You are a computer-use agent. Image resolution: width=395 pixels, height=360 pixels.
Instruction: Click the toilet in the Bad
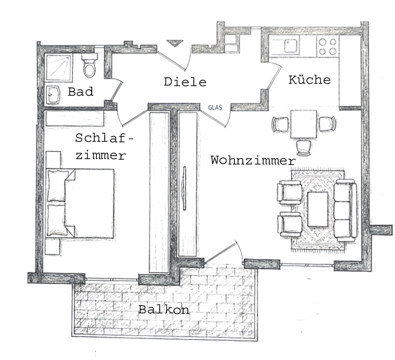[90, 65]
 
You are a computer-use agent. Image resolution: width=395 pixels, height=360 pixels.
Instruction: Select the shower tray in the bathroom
[59, 67]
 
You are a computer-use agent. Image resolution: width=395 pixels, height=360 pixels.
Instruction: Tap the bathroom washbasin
[53, 95]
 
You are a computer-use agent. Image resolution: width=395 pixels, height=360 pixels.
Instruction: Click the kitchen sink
[292, 46]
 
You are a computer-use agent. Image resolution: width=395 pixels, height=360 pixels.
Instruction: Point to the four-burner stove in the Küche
[327, 47]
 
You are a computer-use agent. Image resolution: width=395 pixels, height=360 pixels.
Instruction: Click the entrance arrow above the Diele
[174, 44]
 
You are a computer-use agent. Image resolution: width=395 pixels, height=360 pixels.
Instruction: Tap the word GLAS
[215, 108]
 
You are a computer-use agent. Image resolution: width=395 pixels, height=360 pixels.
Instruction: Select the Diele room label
[185, 82]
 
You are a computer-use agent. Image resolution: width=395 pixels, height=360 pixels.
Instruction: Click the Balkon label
[164, 309]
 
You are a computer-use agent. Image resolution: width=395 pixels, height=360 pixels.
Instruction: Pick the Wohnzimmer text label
[253, 160]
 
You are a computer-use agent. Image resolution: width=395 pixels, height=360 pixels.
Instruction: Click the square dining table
[304, 124]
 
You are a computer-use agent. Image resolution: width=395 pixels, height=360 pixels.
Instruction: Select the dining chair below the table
[304, 148]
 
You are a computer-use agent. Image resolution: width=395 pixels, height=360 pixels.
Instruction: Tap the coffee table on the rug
[318, 209]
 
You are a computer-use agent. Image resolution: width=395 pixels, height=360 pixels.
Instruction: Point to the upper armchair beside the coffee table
[289, 192]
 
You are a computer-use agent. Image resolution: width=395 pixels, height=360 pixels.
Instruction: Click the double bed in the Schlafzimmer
[80, 203]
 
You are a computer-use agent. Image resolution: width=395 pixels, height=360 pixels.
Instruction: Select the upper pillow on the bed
[58, 186]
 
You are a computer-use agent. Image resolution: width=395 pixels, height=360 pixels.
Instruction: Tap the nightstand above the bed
[53, 160]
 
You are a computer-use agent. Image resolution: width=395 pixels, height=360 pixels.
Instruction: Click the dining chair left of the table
[280, 124]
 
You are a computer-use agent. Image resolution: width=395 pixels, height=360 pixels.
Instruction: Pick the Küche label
[310, 80]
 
